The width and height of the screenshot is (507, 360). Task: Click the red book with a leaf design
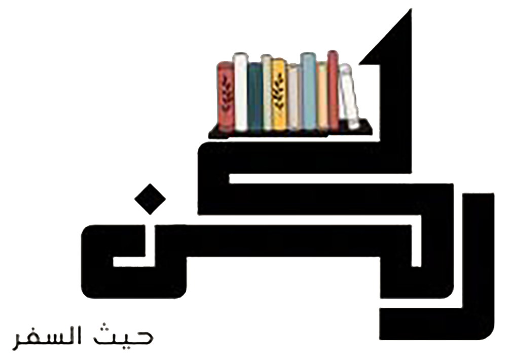[x=226, y=96]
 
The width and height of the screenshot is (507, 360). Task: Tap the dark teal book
[x=255, y=96]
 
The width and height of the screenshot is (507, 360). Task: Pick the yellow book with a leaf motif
[x=278, y=94]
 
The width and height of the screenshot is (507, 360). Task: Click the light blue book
[x=308, y=91]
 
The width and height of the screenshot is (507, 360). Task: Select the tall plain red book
[x=333, y=90]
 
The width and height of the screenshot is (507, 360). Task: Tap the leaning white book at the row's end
[x=349, y=96]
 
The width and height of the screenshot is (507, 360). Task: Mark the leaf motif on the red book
[x=226, y=94]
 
